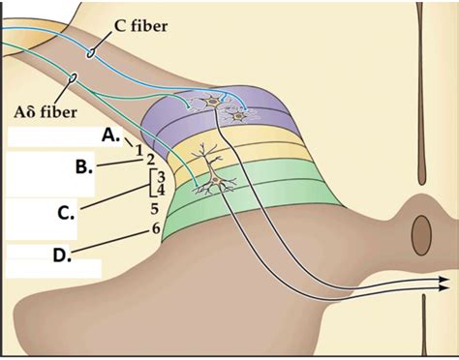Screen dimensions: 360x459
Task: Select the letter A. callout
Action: pyautogui.click(x=111, y=136)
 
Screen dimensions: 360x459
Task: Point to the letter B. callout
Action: pyautogui.click(x=84, y=165)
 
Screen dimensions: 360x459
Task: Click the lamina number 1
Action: pyautogui.click(x=139, y=149)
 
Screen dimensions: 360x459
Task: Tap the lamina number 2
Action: pyautogui.click(x=150, y=160)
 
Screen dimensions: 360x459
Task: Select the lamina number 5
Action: pyautogui.click(x=154, y=207)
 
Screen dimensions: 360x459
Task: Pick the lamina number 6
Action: pyautogui.click(x=155, y=228)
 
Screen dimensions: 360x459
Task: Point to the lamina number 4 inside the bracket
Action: pyautogui.click(x=161, y=191)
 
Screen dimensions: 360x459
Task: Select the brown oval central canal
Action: pyautogui.click(x=421, y=232)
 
